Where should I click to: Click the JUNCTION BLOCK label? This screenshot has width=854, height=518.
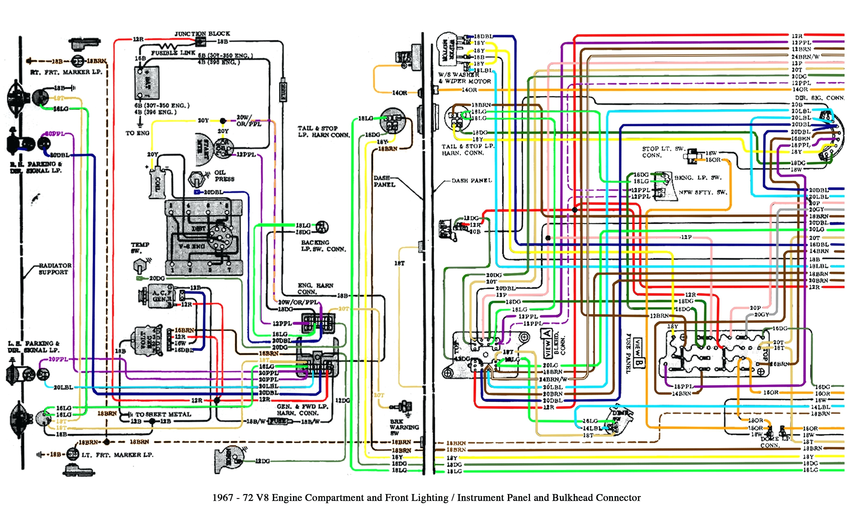[202, 34]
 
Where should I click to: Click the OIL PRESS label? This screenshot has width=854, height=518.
[224, 176]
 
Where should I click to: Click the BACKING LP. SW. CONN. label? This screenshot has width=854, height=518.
[323, 246]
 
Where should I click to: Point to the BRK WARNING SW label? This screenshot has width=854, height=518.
[404, 427]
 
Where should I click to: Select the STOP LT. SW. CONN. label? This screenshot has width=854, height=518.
[662, 152]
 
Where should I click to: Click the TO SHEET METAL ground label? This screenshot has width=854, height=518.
[163, 414]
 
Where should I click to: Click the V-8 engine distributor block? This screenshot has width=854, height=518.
[204, 237]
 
